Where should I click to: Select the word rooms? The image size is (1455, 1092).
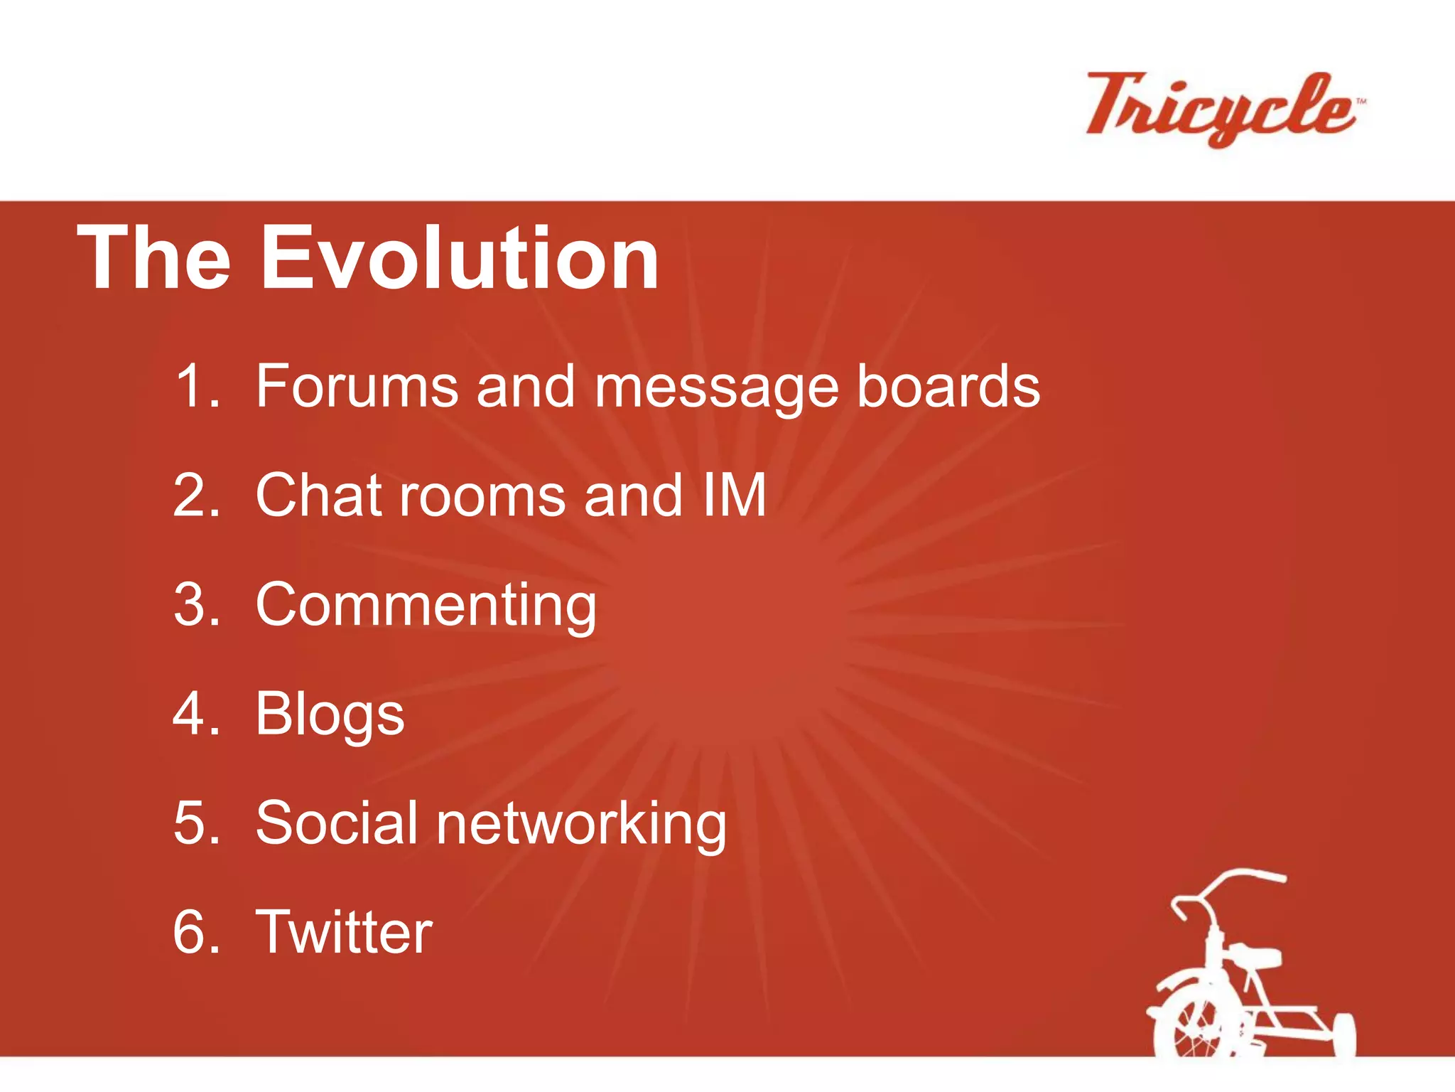(483, 496)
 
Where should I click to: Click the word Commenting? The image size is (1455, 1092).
(426, 606)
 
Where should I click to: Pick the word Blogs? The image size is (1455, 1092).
(330, 715)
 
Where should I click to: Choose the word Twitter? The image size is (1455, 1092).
(344, 932)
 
